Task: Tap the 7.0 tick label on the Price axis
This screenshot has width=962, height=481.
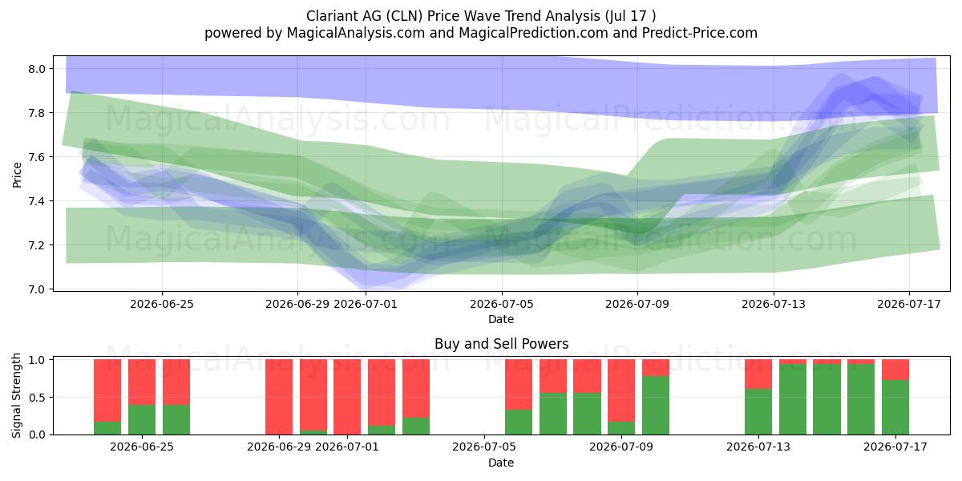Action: (36, 289)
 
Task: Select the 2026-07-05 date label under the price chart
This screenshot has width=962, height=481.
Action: (502, 304)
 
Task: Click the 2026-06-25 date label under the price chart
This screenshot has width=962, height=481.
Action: (162, 304)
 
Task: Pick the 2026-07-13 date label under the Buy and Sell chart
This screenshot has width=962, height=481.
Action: (758, 447)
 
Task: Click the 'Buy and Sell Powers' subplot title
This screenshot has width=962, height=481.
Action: (501, 344)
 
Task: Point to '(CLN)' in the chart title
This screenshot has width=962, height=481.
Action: (404, 16)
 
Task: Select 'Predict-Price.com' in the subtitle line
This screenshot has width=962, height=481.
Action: (700, 33)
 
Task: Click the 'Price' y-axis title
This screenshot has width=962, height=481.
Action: (17, 175)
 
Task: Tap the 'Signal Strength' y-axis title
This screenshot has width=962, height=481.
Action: (16, 395)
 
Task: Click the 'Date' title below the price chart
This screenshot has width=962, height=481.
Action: (501, 319)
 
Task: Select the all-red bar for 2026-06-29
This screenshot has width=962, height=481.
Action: (279, 397)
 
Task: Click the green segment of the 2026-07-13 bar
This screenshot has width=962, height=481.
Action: (758, 412)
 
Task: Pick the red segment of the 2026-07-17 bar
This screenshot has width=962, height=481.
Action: (895, 370)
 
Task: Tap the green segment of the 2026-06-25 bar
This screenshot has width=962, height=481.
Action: (142, 419)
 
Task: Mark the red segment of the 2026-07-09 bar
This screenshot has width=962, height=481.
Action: (621, 390)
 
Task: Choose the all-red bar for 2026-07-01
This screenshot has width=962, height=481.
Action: (347, 397)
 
